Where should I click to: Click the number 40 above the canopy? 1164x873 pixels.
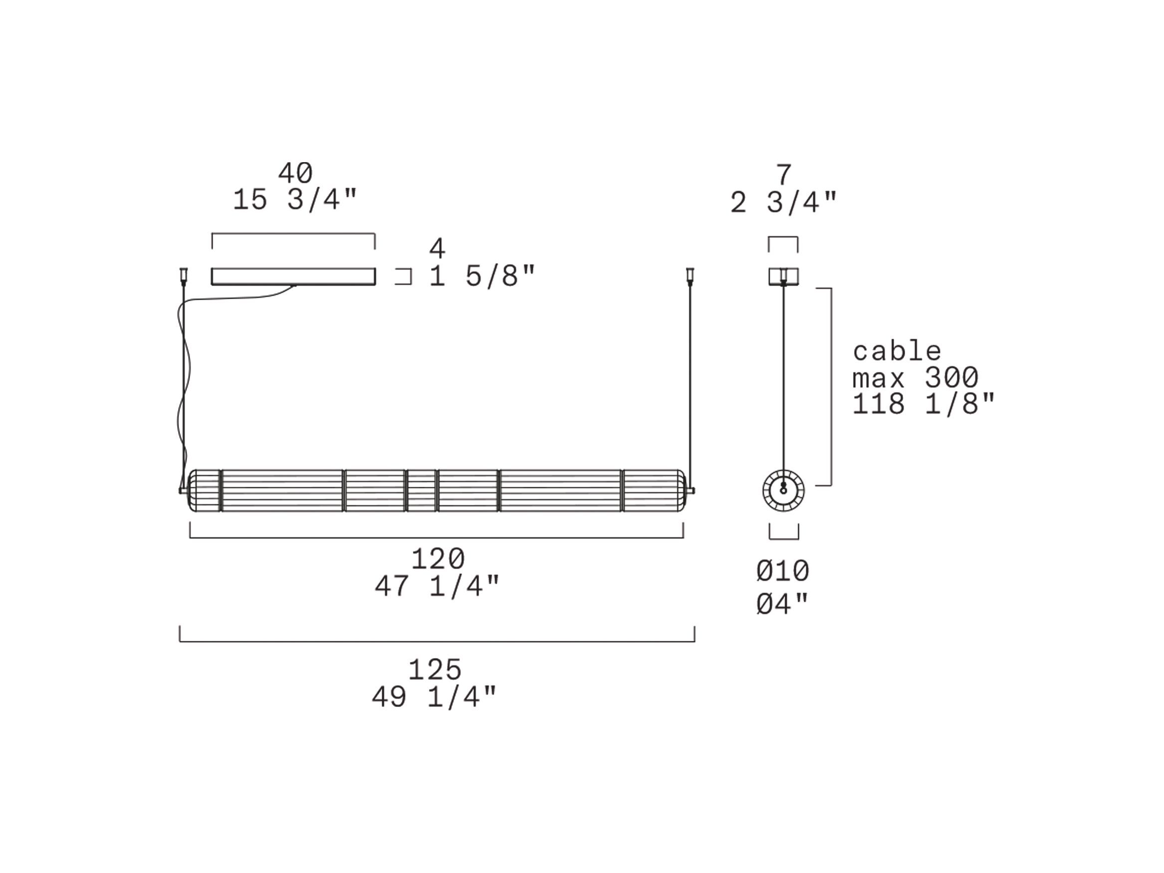point(295,173)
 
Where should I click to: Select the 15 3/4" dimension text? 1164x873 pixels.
point(295,200)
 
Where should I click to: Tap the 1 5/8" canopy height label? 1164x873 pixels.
point(482,276)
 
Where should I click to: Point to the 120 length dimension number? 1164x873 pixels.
point(438,558)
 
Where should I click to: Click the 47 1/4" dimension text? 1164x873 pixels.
point(437,586)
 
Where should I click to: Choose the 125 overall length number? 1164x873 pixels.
point(435,670)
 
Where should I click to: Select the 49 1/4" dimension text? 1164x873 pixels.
point(434,697)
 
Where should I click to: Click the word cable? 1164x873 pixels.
point(897,351)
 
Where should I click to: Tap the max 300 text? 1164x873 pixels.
point(915,377)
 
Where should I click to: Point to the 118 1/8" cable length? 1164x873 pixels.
point(924,404)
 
